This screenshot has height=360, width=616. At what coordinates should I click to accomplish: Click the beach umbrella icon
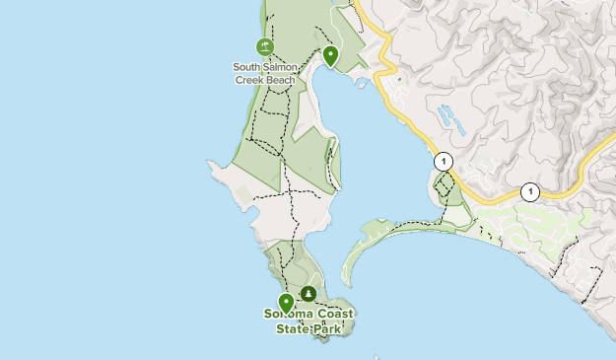tap(264, 46)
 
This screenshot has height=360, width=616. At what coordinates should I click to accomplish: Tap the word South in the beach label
tap(246, 67)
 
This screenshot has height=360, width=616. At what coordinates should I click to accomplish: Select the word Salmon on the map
tap(281, 67)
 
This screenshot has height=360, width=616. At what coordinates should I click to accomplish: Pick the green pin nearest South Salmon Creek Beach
tap(330, 56)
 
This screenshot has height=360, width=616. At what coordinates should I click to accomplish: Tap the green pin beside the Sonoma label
tap(286, 303)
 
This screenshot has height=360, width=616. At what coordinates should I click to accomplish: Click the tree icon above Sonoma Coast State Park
tap(309, 294)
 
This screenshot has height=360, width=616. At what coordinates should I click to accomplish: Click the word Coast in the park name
tap(335, 315)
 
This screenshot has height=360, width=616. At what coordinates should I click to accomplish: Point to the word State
tap(293, 328)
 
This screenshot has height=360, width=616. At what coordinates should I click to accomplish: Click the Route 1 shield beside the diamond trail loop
tap(444, 161)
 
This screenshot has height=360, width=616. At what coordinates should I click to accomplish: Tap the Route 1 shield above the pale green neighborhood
tap(530, 191)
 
